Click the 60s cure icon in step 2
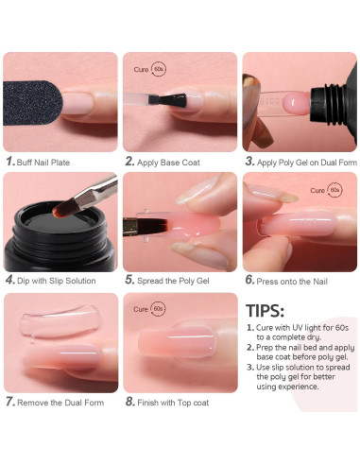(x=159, y=69)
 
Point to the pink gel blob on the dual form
(x=296, y=103)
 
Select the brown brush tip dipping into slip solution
(x=63, y=209)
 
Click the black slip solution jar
(x=60, y=236)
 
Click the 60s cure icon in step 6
(x=334, y=190)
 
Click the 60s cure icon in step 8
(x=158, y=309)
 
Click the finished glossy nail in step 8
(x=178, y=342)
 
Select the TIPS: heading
(x=265, y=311)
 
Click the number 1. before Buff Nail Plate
(x=10, y=162)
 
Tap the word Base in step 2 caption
(x=169, y=163)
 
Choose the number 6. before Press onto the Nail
(x=249, y=280)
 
